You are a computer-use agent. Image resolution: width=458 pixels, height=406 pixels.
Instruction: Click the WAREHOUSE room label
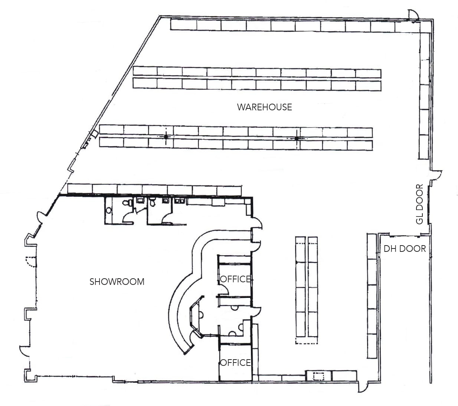(264, 107)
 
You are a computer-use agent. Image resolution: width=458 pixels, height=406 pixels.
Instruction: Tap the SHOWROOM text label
(117, 282)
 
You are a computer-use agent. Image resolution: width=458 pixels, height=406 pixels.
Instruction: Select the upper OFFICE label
(235, 279)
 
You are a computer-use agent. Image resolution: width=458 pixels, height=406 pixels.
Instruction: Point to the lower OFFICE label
(235, 363)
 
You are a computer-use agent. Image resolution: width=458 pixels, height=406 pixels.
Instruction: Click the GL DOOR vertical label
(420, 204)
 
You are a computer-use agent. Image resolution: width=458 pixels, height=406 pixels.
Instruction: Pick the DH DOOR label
(405, 249)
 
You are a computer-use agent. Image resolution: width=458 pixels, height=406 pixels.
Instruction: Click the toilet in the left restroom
(127, 203)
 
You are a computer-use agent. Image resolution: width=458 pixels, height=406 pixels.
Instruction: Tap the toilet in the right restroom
(152, 203)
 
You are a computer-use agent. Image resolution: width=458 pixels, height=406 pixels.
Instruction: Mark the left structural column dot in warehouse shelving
(166, 137)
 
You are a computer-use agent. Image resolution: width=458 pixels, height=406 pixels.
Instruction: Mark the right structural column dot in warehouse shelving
(296, 139)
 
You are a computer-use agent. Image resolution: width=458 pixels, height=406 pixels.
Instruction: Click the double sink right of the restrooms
(180, 201)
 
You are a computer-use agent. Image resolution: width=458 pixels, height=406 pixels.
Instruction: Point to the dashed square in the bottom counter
(318, 376)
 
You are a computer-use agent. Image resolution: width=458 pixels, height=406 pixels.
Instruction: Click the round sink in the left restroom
(108, 210)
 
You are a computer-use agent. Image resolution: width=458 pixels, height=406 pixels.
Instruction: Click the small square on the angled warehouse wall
(94, 133)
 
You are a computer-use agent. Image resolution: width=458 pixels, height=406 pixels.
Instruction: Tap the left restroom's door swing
(128, 217)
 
